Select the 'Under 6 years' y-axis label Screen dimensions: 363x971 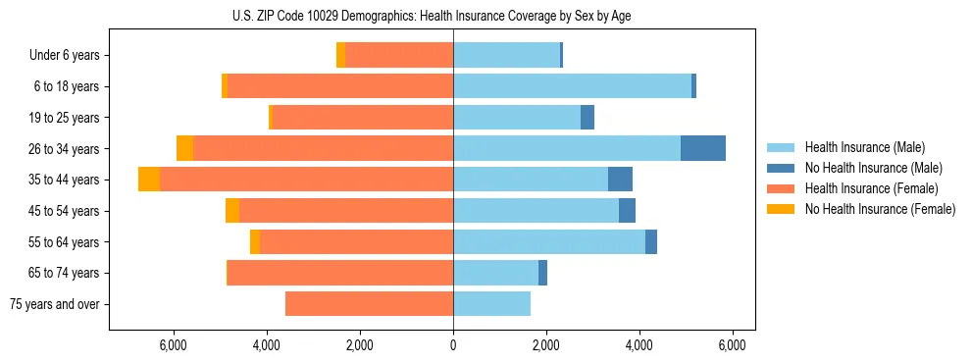coord(64,56)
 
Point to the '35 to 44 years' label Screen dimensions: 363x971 coord(64,180)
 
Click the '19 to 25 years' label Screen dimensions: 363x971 coord(64,118)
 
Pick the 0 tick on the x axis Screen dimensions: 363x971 coord(453,345)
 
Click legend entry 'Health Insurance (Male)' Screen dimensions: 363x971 coord(863,147)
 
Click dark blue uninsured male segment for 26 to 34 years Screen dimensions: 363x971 coord(703,148)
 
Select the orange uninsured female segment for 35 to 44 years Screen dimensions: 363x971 coord(149,180)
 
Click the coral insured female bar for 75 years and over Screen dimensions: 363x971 coord(369,304)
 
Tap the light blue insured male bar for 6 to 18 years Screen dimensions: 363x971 coord(572,86)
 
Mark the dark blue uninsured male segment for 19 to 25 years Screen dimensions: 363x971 coord(588,118)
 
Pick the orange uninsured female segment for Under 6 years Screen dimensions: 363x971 coord(340,56)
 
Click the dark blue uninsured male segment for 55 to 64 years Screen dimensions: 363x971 coord(651,241)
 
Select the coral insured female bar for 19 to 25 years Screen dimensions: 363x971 coord(362,118)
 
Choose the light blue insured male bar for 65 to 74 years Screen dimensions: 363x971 coord(495,273)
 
